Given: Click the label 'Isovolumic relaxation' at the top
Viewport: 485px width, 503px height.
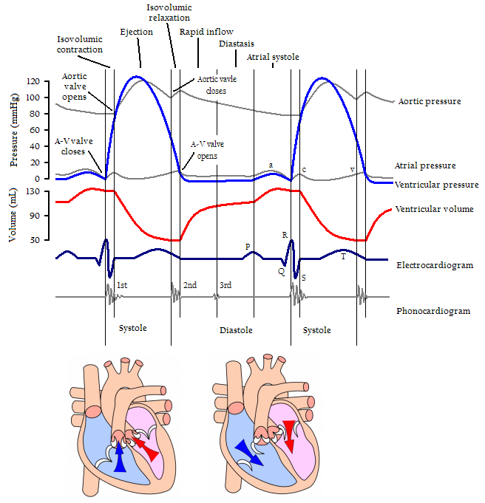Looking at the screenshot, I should click(x=168, y=12).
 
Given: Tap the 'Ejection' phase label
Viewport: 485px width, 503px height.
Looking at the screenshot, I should click(x=136, y=32).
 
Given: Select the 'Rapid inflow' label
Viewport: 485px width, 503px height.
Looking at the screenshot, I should click(x=206, y=32).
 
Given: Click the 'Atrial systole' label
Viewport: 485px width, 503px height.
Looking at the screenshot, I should click(x=273, y=57).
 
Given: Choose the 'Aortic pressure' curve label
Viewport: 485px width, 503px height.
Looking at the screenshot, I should click(x=429, y=100).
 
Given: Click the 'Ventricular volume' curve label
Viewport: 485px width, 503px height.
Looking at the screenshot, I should click(x=435, y=209).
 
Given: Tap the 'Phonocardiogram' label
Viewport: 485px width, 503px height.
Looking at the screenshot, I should click(x=433, y=311).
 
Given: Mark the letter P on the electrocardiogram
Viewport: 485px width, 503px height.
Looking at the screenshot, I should click(x=248, y=247).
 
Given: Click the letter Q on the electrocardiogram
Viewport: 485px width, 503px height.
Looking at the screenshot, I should click(x=281, y=271).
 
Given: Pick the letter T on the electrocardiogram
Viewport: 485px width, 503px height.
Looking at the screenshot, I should click(x=343, y=256).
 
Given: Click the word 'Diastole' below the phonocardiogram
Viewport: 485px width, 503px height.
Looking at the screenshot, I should click(x=236, y=329).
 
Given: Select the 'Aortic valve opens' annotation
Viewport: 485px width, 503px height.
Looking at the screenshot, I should click(x=75, y=86).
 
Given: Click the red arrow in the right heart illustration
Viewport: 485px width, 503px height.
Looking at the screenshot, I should click(x=288, y=436).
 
